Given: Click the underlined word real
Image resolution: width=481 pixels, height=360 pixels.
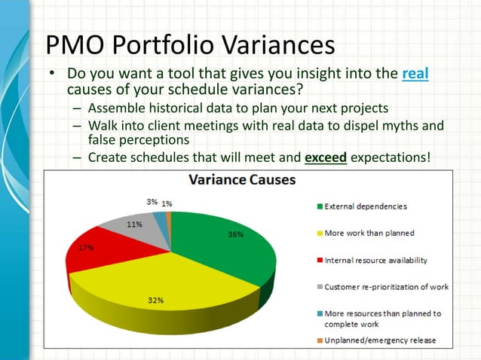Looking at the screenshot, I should pos(415,75).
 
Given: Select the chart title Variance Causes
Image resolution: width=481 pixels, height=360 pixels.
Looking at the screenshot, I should pos(241,181).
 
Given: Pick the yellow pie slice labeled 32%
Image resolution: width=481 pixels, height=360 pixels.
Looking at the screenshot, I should pos(173,286).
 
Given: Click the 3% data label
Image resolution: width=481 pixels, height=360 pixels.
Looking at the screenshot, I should pos(152,202).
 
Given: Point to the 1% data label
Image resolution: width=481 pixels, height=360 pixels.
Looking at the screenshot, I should pos(166,203).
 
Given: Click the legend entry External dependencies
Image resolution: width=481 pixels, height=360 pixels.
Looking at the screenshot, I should pos(366,206).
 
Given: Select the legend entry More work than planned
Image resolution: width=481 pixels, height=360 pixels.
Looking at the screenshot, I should pos(369,233).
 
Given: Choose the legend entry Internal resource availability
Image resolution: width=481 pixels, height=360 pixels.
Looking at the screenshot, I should pos(375,260).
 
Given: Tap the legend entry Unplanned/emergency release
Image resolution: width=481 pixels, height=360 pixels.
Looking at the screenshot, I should pos(380,340).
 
